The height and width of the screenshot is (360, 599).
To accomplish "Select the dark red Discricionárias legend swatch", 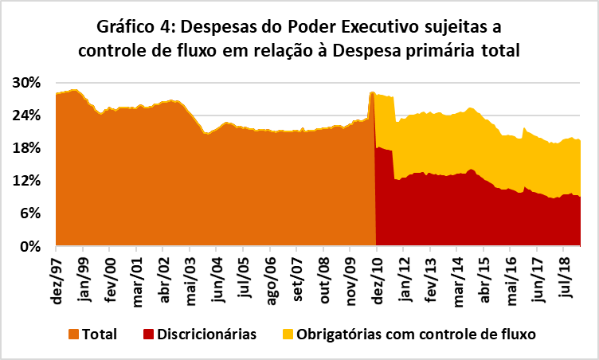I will [151, 335].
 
